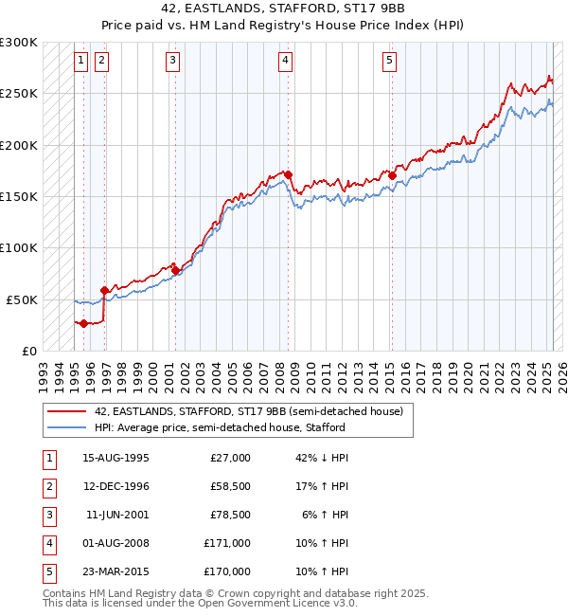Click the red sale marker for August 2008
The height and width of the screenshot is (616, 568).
[x=288, y=174]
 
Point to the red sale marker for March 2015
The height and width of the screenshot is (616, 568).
[x=392, y=175]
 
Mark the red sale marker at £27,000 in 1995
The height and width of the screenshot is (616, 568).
[x=83, y=323]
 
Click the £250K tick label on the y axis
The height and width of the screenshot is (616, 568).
[x=19, y=94]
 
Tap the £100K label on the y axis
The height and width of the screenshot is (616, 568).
[x=19, y=247]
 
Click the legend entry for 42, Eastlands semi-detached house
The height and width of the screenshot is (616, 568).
[x=249, y=411]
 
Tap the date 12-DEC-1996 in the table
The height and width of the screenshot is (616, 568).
[x=116, y=486]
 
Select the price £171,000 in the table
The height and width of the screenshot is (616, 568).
[x=227, y=543]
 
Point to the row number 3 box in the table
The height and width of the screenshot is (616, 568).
[x=48, y=515]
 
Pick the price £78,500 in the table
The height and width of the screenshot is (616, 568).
[x=230, y=515]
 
